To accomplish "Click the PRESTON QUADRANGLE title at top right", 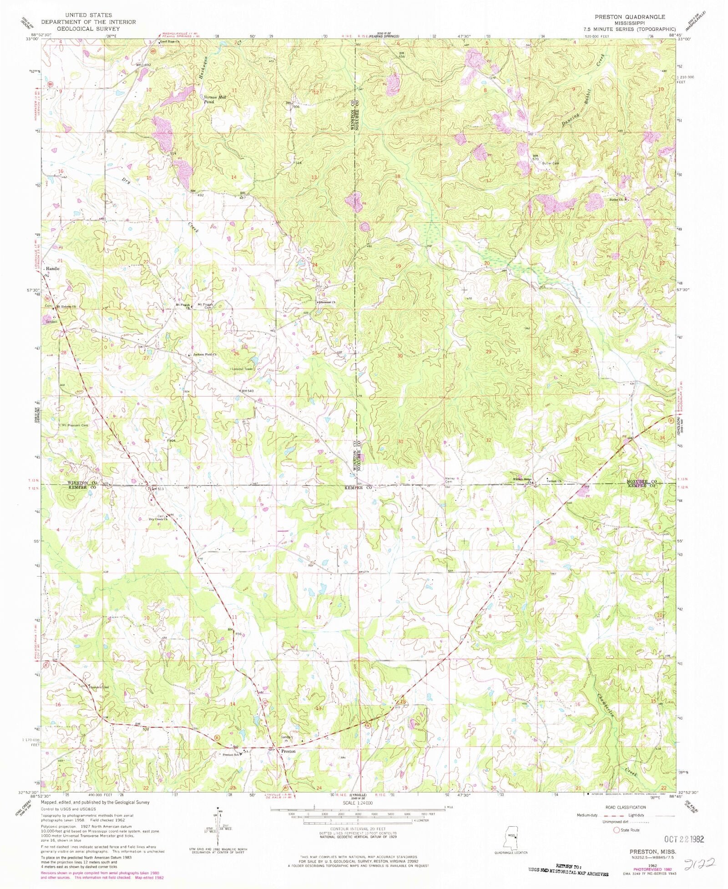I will point(630,17).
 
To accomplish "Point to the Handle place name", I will point(52,269).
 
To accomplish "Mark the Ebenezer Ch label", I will point(327,302).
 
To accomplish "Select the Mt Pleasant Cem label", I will point(75,425).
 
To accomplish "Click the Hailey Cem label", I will point(449,480).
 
